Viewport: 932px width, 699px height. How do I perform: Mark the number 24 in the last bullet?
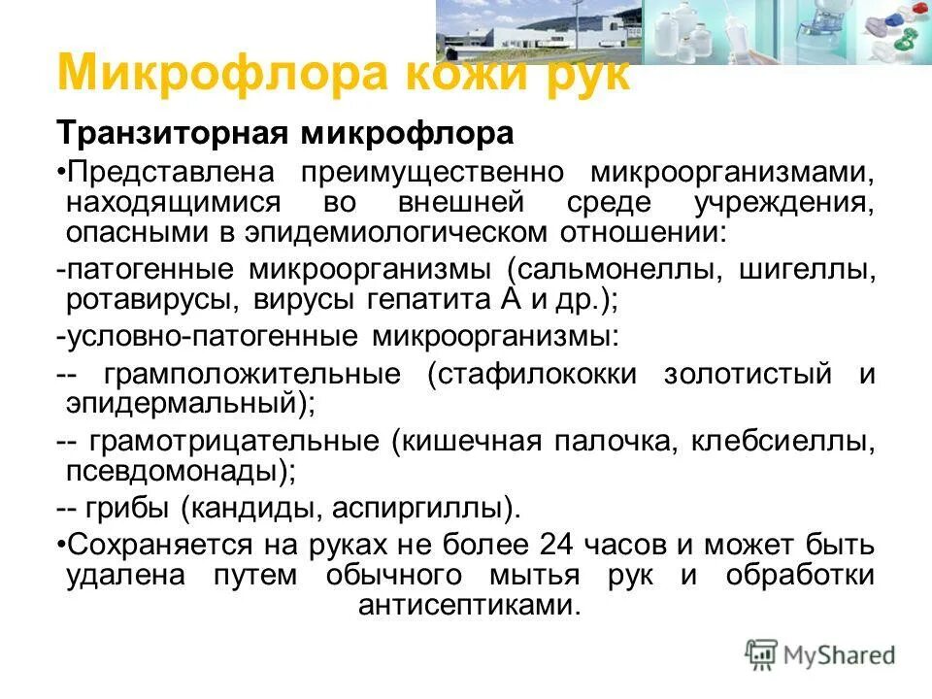coord(558,544)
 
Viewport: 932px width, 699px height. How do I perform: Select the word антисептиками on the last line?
coord(470,605)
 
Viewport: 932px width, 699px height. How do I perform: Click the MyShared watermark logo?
coord(820,654)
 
